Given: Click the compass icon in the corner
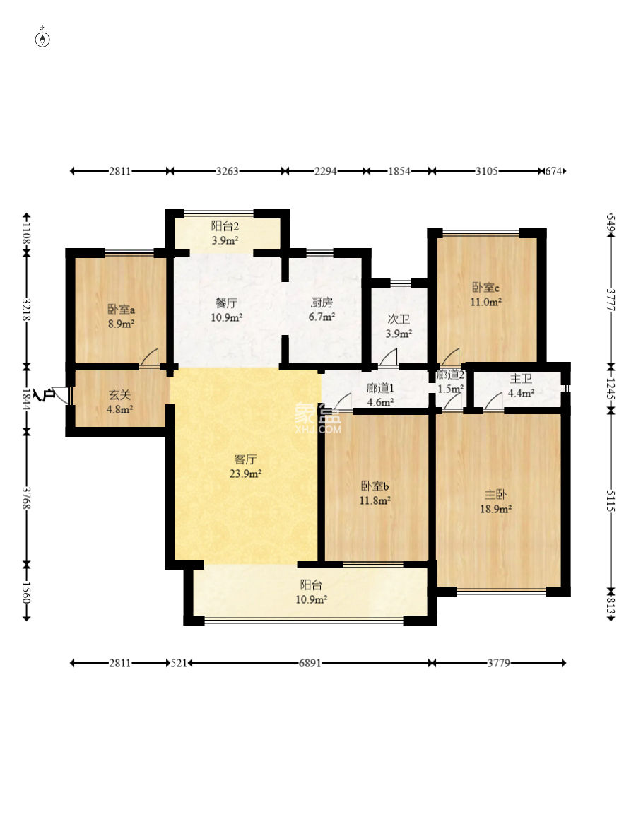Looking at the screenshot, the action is pyautogui.click(x=42, y=39).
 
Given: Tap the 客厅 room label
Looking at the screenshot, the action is pyautogui.click(x=245, y=459).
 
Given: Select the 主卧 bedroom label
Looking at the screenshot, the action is pyautogui.click(x=495, y=495).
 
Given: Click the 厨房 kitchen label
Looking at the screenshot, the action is pyautogui.click(x=322, y=303).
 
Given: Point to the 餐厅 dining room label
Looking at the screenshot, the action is pyautogui.click(x=227, y=303).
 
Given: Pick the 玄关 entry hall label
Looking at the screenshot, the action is pyautogui.click(x=119, y=395).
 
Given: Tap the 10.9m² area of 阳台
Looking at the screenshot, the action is pyautogui.click(x=311, y=599).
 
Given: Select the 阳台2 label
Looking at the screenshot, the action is pyautogui.click(x=225, y=226).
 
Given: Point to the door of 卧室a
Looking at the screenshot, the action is pyautogui.click(x=149, y=357).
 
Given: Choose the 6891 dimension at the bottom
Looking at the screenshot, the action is pyautogui.click(x=310, y=663).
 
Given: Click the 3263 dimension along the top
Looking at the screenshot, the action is pyautogui.click(x=227, y=171).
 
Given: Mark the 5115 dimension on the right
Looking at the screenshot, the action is pyautogui.click(x=610, y=500).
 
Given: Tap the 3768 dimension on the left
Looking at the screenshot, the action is pyautogui.click(x=26, y=498).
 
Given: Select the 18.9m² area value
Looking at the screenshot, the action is pyautogui.click(x=495, y=509).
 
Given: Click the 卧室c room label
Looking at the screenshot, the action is pyautogui.click(x=485, y=288).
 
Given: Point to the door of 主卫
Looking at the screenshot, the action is pyautogui.click(x=493, y=401).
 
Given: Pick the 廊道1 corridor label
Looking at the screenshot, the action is pyautogui.click(x=379, y=388).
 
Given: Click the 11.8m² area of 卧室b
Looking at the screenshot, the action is pyautogui.click(x=375, y=500).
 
